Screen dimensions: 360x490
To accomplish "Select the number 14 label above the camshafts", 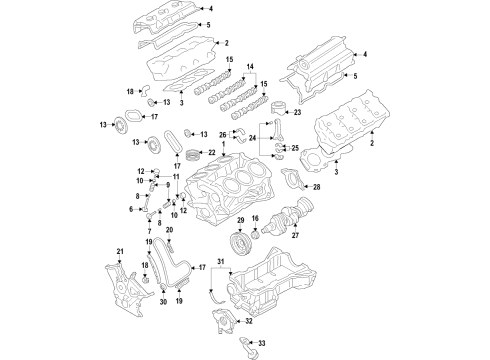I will coord(250,66).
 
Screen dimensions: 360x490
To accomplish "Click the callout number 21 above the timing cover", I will coord(120,250).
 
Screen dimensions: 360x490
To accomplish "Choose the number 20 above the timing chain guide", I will coord(169,257).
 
